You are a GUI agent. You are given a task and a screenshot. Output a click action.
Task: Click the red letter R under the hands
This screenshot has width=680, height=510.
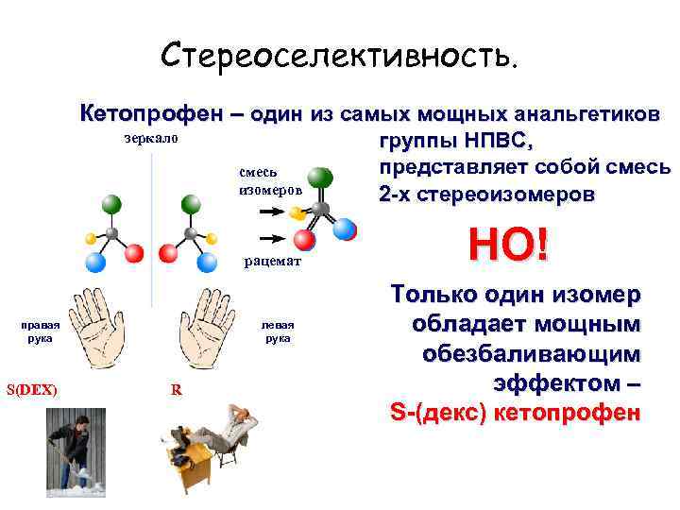[176, 389]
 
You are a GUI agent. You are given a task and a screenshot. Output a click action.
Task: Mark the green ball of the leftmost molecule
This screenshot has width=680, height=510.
[110, 203]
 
